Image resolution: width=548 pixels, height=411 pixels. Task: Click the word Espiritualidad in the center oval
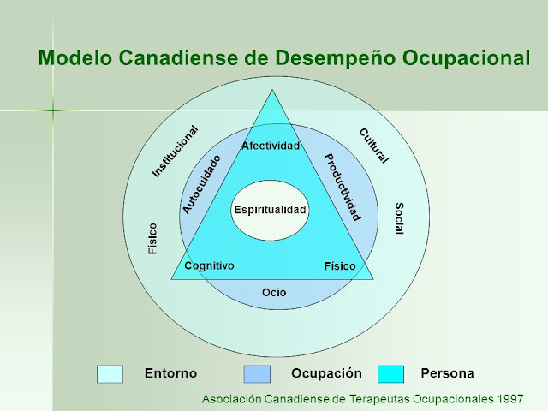(270, 210)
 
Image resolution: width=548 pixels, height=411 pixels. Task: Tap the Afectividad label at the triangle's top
(271, 146)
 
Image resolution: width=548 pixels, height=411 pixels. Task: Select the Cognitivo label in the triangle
(209, 265)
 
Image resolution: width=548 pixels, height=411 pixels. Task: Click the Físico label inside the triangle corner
(339, 266)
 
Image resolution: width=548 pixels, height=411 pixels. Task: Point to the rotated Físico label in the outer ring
(152, 239)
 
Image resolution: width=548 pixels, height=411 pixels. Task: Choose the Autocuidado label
(201, 184)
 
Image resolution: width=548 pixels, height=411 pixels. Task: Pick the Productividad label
(342, 187)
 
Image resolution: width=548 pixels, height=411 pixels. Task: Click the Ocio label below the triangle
(274, 293)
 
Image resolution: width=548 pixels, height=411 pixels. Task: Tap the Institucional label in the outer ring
(175, 152)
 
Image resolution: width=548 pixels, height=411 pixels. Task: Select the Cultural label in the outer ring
(374, 146)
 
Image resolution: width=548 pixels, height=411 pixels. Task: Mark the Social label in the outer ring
(399, 220)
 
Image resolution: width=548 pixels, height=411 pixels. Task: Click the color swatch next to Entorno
(110, 374)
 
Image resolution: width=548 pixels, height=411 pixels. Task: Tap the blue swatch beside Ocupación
(257, 374)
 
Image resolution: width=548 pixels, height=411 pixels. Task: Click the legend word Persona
(447, 373)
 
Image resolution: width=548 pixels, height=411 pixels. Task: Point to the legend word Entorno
(170, 373)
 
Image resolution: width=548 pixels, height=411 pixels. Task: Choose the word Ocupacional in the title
(462, 58)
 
